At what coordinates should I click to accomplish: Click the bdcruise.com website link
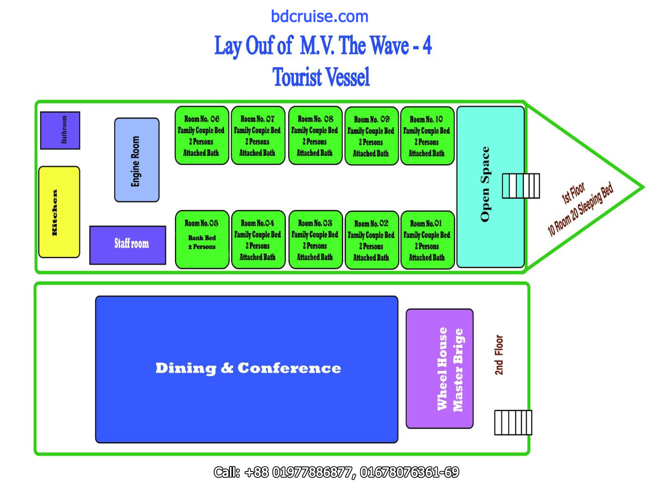[x=320, y=17]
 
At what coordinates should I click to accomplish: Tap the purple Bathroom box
[x=60, y=130]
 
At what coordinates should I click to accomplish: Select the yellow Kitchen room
[x=59, y=212]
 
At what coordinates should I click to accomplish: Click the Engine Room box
[x=137, y=160]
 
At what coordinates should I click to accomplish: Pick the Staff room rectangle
[x=128, y=245]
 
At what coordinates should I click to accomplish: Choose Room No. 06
[x=202, y=135]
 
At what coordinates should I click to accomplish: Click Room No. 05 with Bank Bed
[x=202, y=239]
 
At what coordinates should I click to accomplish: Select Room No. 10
[x=427, y=136]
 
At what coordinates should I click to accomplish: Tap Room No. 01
[x=427, y=240]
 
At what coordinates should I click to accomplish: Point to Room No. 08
[x=315, y=135]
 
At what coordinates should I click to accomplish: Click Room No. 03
[x=315, y=239]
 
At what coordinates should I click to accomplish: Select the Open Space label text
[x=485, y=184]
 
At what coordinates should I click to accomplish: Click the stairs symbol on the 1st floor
[x=521, y=186]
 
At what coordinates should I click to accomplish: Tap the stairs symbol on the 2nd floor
[x=513, y=422]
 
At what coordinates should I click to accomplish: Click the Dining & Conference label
[x=248, y=368]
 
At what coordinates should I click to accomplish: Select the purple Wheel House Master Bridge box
[x=440, y=369]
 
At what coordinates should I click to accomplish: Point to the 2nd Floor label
[x=499, y=355]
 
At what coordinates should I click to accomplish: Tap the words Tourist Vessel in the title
[x=321, y=77]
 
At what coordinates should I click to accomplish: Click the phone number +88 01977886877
[x=298, y=472]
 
